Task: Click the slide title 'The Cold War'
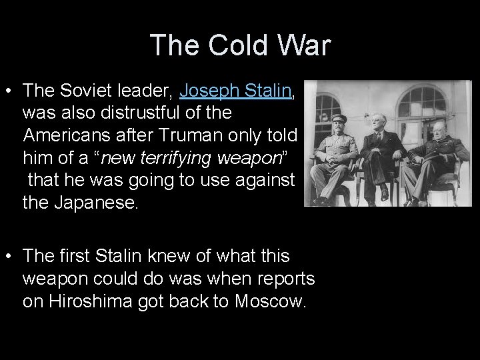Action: [x=240, y=45]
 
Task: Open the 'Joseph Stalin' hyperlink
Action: [x=236, y=91]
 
